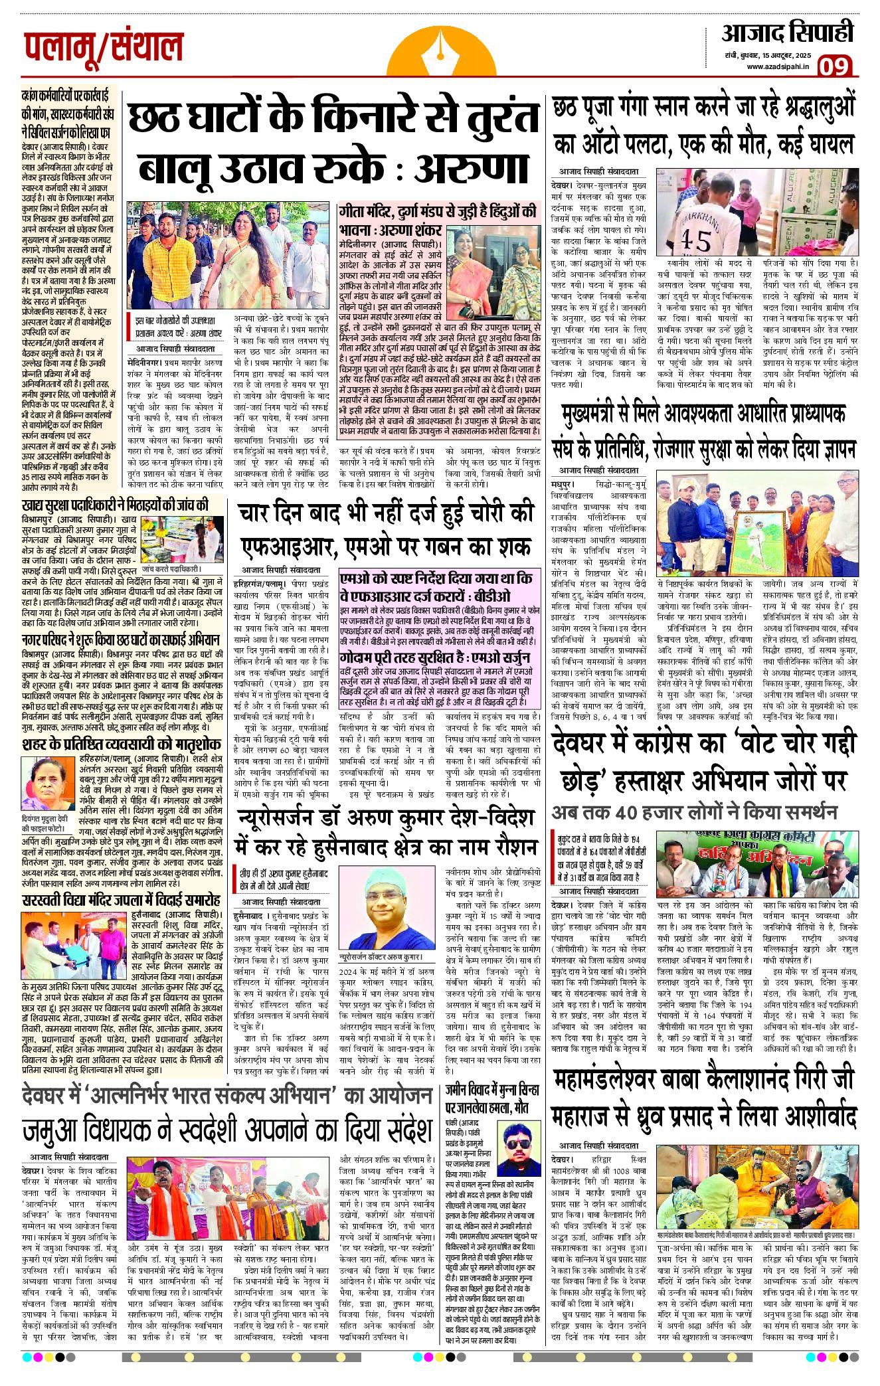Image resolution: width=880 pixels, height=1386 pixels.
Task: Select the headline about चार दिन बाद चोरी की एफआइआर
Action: (387, 529)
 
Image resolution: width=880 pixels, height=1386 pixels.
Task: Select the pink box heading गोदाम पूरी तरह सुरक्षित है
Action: (435, 657)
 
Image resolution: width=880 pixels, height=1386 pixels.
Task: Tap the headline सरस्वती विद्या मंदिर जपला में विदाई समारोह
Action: (121, 901)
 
